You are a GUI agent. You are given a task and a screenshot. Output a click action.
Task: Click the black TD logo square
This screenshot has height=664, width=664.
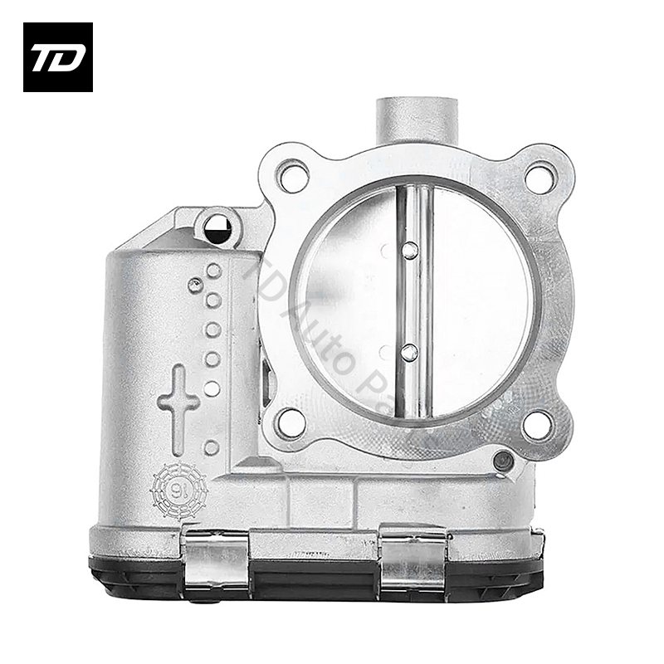tap(57, 57)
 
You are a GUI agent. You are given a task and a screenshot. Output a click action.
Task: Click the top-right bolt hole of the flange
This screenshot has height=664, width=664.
tap(539, 176)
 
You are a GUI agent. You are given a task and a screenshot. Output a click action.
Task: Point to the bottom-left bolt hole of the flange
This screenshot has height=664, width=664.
tap(291, 422)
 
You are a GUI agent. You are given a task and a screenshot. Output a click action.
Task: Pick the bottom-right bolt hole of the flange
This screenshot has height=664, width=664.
tap(539, 422)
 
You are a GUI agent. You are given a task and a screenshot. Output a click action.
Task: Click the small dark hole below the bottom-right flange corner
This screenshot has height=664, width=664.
tap(500, 461)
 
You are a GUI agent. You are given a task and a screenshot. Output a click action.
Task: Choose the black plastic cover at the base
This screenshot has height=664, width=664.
tap(315, 573)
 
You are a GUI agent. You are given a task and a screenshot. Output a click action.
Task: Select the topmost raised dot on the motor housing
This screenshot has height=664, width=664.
tap(214, 271)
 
